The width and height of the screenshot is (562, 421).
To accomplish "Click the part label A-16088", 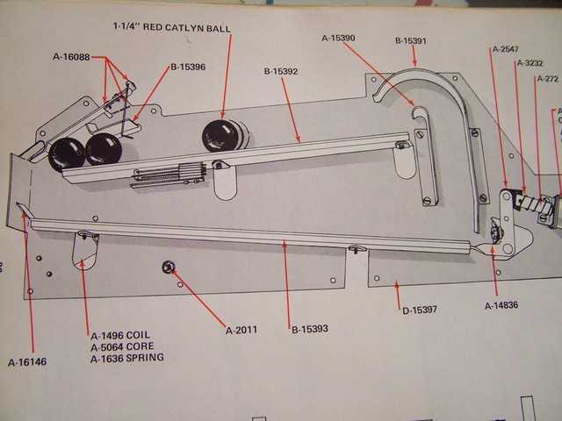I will (74, 57).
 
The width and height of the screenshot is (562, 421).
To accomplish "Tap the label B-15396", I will (188, 66).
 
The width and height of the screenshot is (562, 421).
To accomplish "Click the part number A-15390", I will (338, 38).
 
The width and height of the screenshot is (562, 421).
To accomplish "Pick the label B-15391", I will (411, 40).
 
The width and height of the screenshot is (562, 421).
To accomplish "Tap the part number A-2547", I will (508, 49).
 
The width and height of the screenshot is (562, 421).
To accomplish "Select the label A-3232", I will (530, 63).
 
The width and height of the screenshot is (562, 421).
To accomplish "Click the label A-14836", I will (501, 306).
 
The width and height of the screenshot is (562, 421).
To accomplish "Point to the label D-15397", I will (419, 310).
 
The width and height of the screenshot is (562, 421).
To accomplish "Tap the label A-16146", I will (27, 361).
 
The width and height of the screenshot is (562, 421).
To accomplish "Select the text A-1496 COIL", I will (120, 335).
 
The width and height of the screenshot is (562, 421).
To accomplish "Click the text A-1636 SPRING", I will (126, 358).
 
